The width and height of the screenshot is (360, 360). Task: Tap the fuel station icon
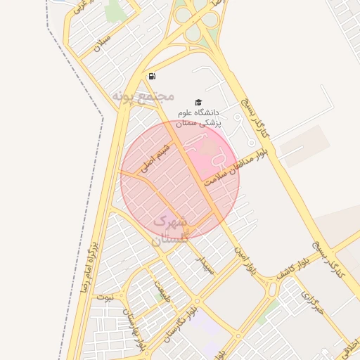tap(152, 76)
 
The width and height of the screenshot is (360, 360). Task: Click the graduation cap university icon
tap(198, 102)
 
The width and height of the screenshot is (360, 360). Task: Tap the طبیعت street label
tap(162, 288)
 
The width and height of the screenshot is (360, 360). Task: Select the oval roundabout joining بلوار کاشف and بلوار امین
tap(271, 288)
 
